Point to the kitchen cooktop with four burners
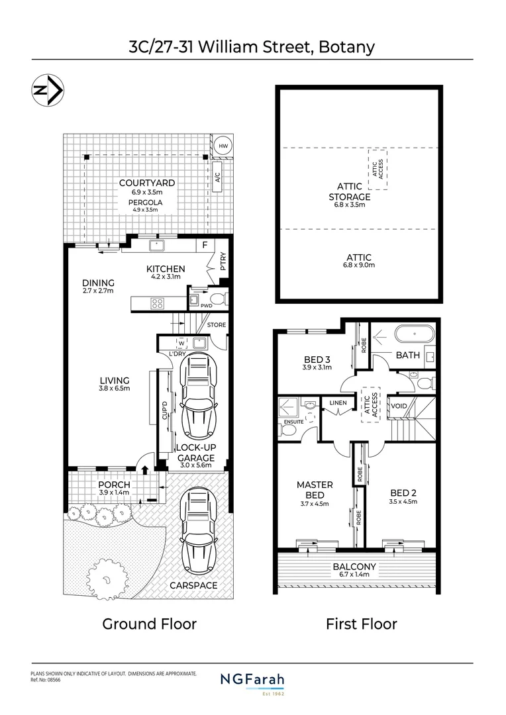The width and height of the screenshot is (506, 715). [158, 304]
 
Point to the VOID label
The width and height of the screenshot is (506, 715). [399, 405]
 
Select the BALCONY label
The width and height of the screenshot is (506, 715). [354, 566]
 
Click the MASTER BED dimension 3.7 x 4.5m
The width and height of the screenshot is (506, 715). [314, 504]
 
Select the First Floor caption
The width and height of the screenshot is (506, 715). [361, 624]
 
